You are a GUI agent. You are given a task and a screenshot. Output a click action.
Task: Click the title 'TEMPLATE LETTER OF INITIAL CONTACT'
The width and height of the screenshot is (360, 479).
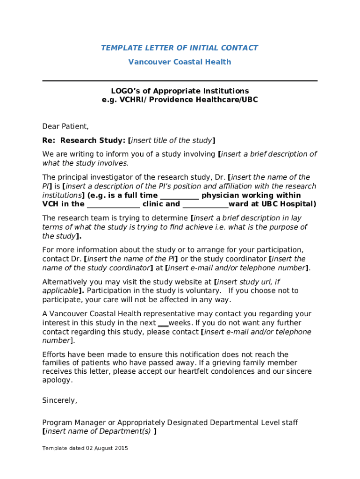tap(180, 48)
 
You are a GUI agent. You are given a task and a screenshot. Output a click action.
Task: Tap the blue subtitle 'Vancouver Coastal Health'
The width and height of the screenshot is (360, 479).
tap(180, 62)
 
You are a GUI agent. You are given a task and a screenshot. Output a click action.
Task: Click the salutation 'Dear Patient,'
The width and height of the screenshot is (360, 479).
tap(65, 126)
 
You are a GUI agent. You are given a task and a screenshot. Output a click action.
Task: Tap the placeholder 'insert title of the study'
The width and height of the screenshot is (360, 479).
tap(172, 140)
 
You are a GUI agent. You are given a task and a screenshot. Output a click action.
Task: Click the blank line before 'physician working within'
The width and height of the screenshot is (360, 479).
tap(180, 196)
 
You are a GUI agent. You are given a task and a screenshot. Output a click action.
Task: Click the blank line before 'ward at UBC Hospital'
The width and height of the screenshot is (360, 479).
tap(205, 204)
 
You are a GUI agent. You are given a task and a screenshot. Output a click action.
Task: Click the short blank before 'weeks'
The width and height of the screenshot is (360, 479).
tap(163, 323)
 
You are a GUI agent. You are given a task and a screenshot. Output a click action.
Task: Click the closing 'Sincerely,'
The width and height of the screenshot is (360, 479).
tap(60, 401)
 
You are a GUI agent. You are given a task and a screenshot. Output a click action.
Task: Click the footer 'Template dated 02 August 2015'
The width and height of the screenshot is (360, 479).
tap(85, 449)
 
